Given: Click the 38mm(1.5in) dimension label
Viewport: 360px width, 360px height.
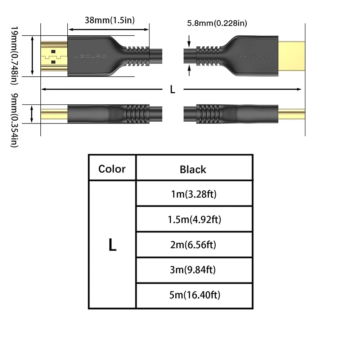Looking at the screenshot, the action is (x=109, y=20).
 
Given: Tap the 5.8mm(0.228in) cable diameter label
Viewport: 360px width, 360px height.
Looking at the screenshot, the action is (x=217, y=23).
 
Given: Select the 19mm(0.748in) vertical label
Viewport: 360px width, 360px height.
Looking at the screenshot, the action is (x=14, y=55).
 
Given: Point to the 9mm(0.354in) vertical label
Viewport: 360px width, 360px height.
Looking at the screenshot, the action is (x=14, y=120).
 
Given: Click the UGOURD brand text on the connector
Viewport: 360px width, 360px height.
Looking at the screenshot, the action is (x=90, y=56).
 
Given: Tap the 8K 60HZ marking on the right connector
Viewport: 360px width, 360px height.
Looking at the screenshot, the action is (x=256, y=56).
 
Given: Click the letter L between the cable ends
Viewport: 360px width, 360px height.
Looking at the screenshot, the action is (x=173, y=89).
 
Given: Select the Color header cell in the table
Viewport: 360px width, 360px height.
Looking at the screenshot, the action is (x=112, y=169).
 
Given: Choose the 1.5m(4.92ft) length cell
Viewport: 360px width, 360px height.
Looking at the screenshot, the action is (x=194, y=220).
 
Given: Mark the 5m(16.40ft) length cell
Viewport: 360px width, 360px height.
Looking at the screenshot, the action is (x=195, y=295).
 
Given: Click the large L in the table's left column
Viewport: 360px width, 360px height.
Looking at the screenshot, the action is (x=112, y=245).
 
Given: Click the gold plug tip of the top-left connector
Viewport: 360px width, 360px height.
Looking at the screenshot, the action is (x=54, y=56).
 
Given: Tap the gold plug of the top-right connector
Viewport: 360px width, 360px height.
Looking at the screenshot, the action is (x=292, y=56).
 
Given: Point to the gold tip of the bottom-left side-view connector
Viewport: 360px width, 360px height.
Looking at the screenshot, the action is (x=54, y=114).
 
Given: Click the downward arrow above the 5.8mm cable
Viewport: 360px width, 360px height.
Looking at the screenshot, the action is (x=189, y=41).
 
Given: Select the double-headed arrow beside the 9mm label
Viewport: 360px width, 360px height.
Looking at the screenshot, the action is (x=32, y=114).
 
